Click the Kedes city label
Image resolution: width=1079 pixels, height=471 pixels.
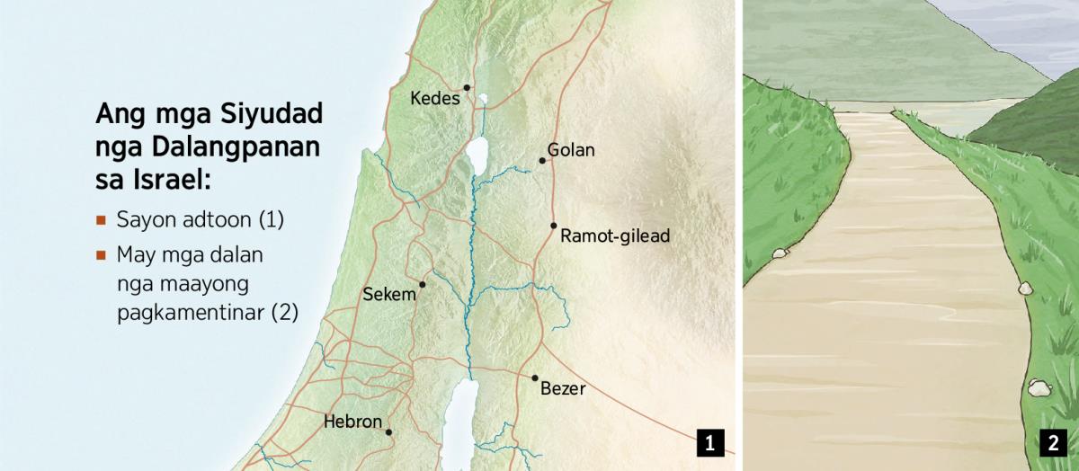(434, 98)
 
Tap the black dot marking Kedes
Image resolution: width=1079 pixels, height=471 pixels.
(467, 87)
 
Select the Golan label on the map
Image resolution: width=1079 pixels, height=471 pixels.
(571, 150)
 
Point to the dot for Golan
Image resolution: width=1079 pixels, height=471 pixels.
(542, 161)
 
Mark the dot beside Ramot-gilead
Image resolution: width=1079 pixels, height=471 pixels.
(554, 226)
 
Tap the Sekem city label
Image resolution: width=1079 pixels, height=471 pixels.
(389, 294)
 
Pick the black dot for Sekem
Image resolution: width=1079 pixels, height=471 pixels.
(422, 284)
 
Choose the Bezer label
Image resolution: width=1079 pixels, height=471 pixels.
(563, 389)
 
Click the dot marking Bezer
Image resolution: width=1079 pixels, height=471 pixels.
(535, 378)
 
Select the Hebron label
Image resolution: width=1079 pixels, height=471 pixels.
(352, 421)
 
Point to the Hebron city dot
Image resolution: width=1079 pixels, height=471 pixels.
(388, 432)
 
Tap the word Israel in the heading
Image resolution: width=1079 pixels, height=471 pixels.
(163, 179)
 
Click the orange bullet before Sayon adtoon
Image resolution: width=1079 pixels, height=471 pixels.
(102, 219)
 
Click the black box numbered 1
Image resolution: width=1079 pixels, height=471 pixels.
(709, 442)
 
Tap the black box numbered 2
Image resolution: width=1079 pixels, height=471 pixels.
(1051, 442)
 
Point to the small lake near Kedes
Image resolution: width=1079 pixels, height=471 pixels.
(483, 100)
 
